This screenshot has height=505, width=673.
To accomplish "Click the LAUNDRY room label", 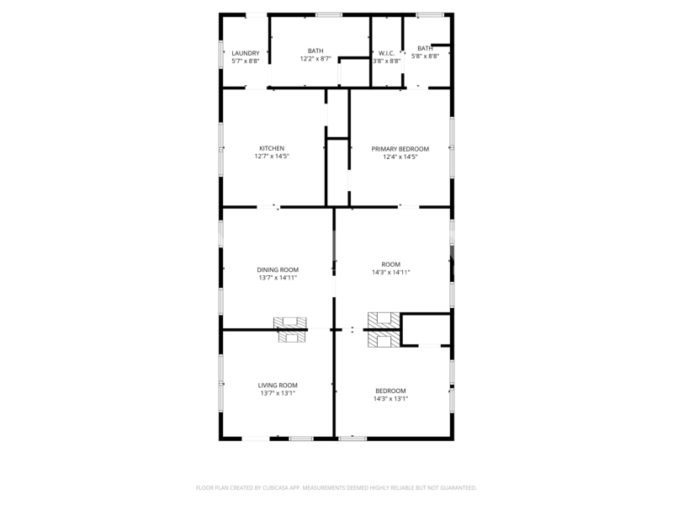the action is tap(246, 53).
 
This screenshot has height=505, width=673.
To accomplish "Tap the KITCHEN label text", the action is tap(272, 149).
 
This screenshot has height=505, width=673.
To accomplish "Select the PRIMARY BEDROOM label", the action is tap(400, 149).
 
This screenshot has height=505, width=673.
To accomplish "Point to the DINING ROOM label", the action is tap(278, 269).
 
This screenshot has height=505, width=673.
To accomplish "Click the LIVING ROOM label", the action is tap(278, 385).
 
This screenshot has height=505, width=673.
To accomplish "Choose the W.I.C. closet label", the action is tap(386, 53).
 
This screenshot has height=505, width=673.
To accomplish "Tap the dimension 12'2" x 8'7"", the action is tap(315, 59).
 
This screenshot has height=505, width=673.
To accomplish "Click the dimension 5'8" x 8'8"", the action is tap(426, 56).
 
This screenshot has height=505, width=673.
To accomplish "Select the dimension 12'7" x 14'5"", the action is tap(272, 157).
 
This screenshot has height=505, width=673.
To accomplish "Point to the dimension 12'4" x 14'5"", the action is tap(400, 157).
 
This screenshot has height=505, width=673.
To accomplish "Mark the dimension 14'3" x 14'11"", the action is tap(391, 272).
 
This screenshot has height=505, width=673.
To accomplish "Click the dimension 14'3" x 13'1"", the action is tap(390, 398).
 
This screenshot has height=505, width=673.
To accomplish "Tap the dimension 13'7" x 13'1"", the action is tap(278, 393).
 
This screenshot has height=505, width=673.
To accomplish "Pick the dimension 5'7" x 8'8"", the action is tap(246, 61).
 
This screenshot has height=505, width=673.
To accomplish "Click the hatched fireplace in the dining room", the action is tap(290, 322).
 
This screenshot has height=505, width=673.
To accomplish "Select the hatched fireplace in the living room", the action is tap(292, 337).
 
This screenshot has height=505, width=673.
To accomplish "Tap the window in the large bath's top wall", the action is tap(329, 15).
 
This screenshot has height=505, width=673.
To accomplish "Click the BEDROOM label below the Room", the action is tap(390, 391).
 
